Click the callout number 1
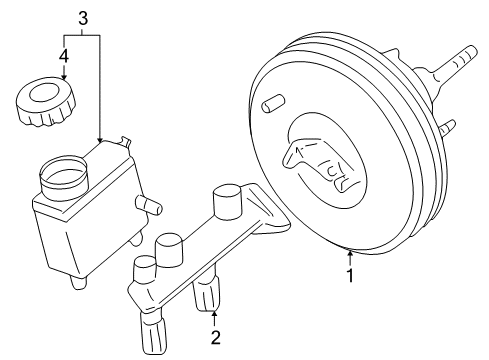pos(350,275)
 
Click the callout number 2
pos(216,337)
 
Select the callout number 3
pos(83,18)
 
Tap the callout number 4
pos(64,56)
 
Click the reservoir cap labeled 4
pos(46,101)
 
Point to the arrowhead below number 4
pos(64,76)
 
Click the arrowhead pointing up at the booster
pos(350,253)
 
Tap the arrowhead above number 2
pos(215,314)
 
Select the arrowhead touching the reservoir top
pos(100,140)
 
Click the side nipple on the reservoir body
pos(149,205)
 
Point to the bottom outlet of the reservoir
pos(78,282)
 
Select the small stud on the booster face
pos(273,103)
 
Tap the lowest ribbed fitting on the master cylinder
pos(154,332)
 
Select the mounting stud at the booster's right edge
pos(447,128)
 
